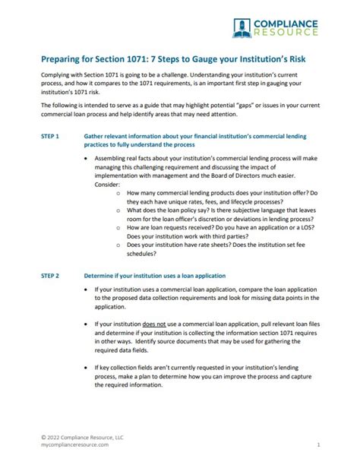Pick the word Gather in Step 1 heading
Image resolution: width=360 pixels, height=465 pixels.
click(94, 135)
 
